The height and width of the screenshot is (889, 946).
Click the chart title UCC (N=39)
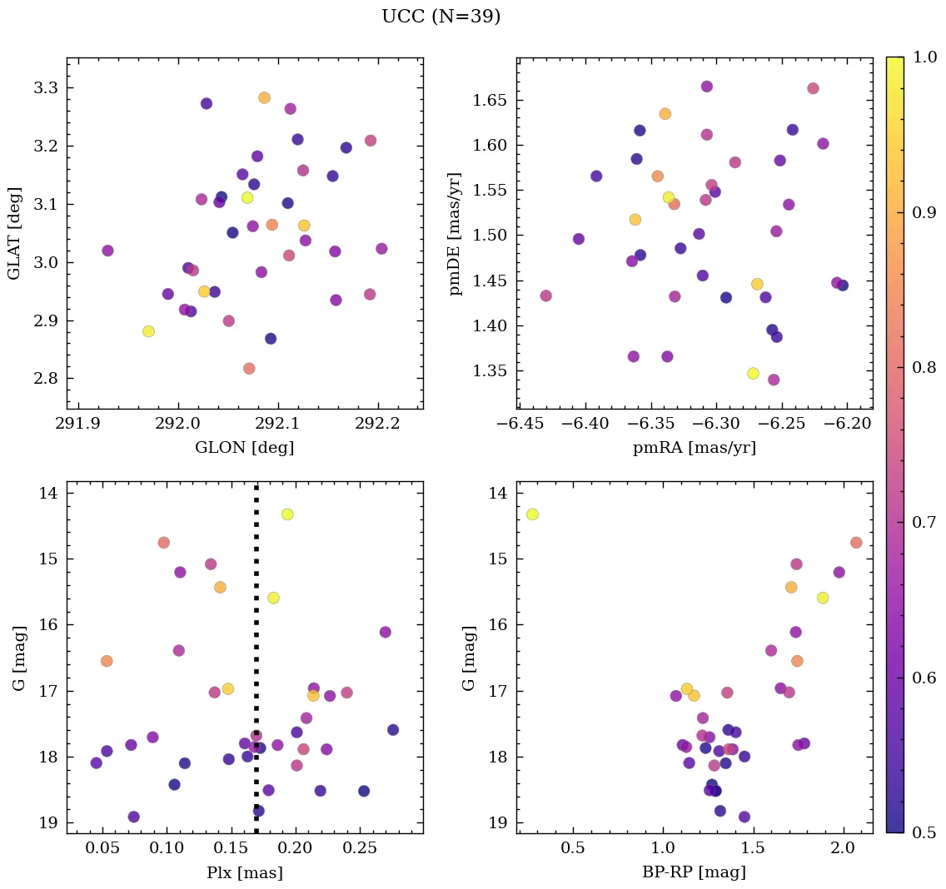coord(441,17)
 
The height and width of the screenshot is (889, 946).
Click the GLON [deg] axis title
coord(244,448)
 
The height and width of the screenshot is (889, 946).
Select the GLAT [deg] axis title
coord(14,233)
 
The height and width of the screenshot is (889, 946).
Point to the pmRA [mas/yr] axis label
coord(695,448)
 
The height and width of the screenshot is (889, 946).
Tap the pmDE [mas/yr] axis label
coord(456,233)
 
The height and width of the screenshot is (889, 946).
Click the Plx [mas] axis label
coord(244,872)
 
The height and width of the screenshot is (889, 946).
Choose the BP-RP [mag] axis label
coord(695,872)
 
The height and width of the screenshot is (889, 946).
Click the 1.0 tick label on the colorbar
coord(924,57)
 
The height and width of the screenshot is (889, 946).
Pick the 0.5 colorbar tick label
coord(924,832)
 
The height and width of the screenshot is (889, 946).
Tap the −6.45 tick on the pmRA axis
coord(520,423)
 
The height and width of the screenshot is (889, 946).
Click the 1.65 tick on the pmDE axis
coord(488,101)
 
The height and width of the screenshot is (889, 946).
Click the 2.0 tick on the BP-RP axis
coord(844,847)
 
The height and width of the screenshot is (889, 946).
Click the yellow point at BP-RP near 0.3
coord(532,514)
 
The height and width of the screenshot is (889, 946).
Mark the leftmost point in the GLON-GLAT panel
coord(107,251)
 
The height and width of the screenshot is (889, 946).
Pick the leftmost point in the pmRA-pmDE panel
coord(545,296)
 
